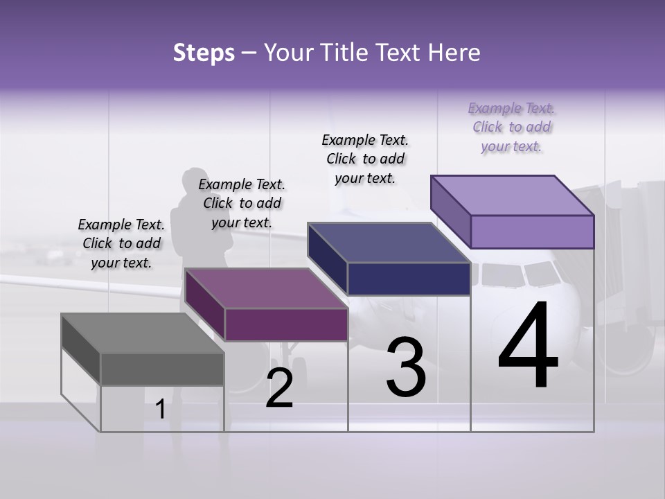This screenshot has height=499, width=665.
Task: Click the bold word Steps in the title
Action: tap(204, 53)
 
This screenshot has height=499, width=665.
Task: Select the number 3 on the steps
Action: tap(406, 367)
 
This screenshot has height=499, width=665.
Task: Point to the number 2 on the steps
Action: tap(280, 388)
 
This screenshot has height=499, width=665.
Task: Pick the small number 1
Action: tap(161, 410)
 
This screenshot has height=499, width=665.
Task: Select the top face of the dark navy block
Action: tap(389, 243)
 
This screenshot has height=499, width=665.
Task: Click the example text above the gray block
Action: tap(121, 243)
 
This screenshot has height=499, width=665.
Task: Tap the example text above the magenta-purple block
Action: tap(242, 203)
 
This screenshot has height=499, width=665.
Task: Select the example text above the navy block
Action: tap(365, 159)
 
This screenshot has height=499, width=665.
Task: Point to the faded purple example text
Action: tap(511, 127)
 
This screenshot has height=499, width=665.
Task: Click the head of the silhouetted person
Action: tap(192, 183)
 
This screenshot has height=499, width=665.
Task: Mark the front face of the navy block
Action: tap(409, 279)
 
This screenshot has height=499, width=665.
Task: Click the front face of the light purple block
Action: tap(532, 231)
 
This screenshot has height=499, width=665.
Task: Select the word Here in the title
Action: tap(454, 53)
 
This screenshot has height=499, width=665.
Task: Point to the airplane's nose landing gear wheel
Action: tap(299, 365)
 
